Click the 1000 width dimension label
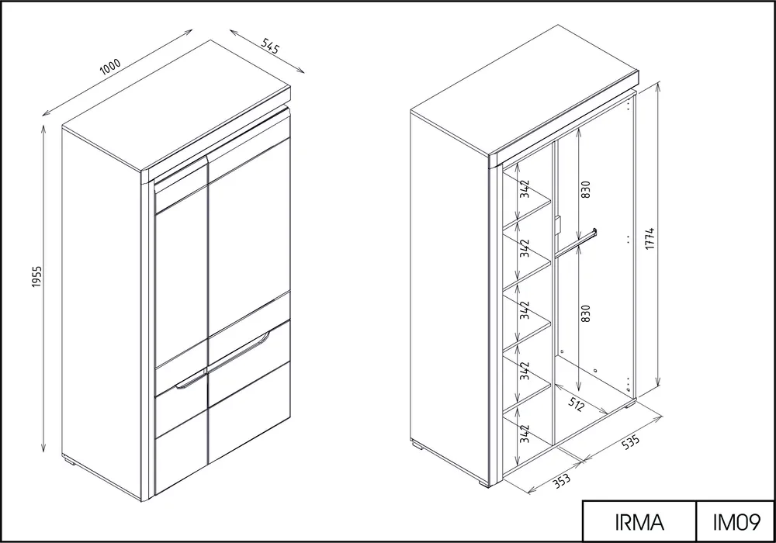click(x=110, y=67)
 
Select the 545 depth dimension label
click(x=271, y=46)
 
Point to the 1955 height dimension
click(x=37, y=277)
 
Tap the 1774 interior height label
click(x=650, y=238)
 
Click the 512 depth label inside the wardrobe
click(x=576, y=404)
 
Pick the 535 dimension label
click(x=630, y=441)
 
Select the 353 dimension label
click(x=562, y=479)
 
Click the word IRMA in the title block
click(x=639, y=522)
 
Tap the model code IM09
click(x=736, y=522)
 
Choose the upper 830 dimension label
click(x=585, y=189)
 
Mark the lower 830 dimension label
click(x=585, y=313)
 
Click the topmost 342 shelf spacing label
click(x=525, y=189)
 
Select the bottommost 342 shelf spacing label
click(x=525, y=434)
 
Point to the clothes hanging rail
click(x=576, y=242)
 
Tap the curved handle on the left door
click(x=191, y=382)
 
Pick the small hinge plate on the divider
click(x=557, y=225)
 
